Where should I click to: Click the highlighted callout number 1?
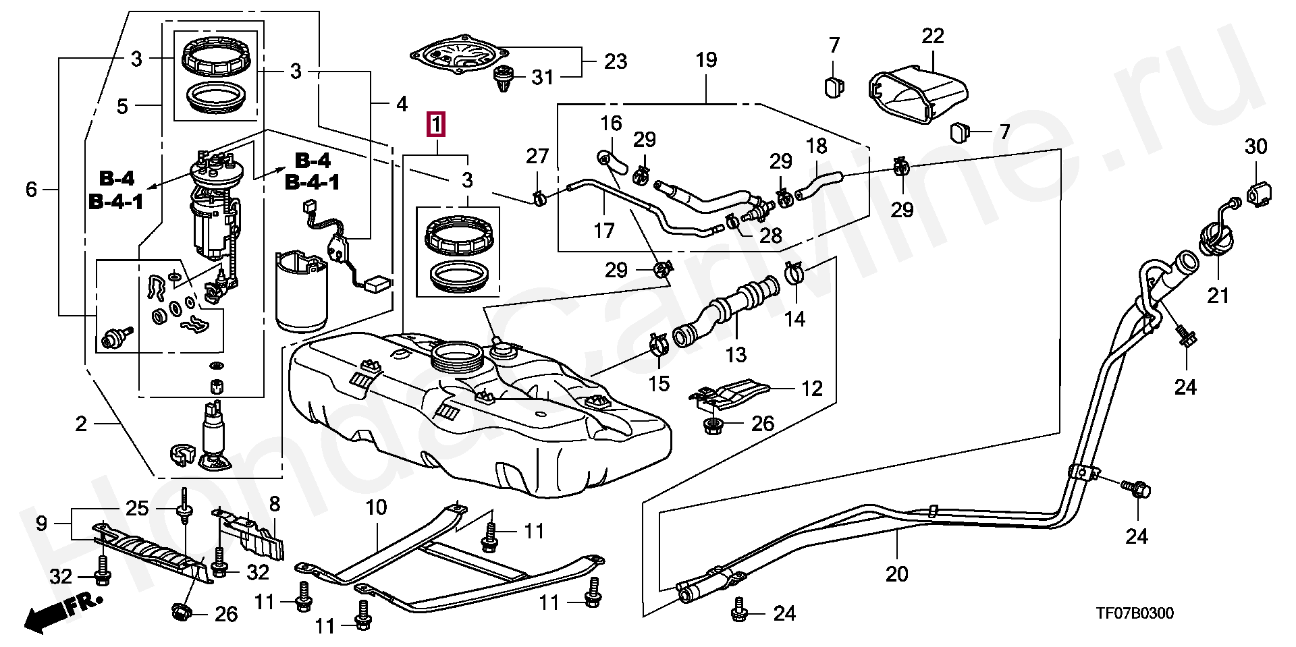point(436,125)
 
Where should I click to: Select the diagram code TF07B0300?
point(1134,613)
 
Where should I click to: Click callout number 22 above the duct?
point(933,36)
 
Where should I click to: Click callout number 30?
point(1255,146)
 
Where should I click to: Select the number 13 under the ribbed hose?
point(736,354)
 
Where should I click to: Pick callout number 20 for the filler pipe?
point(897,574)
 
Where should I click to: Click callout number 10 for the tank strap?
point(376,507)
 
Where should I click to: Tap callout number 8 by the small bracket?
point(274,504)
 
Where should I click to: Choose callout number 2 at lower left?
point(81,424)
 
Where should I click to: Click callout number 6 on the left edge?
point(31,190)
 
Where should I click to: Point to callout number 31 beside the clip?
point(542,78)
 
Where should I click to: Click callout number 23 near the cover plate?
point(615,62)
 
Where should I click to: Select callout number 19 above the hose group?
point(706,60)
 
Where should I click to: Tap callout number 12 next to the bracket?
point(812,389)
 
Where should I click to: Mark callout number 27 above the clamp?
point(537,157)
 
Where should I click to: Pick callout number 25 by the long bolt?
point(137,508)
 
